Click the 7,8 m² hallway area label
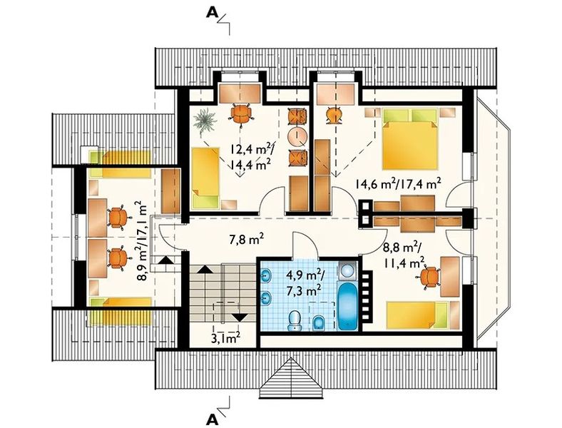247,238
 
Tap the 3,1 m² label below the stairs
225,337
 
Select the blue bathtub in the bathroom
348,307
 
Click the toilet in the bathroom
295,320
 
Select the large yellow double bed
410,139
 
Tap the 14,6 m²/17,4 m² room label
398,185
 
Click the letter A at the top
213,13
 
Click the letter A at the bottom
213,418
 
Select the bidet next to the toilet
317,323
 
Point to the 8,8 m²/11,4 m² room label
404,255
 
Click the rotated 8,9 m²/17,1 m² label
141,241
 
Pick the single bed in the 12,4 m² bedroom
205,178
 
